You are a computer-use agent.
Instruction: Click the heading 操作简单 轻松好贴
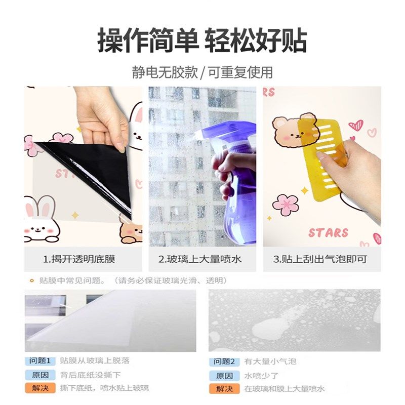point(202,41)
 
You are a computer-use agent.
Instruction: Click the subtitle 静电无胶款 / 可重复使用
point(202,72)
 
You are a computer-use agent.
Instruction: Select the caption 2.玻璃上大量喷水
point(200,260)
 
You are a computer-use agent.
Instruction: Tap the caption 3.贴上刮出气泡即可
point(320,260)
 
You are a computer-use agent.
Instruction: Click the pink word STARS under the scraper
point(329,233)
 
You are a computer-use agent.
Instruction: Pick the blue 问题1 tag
point(39,361)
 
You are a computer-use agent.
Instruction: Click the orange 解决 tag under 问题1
point(39,388)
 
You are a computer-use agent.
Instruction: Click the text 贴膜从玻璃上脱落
point(95,361)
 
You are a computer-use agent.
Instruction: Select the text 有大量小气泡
point(270,361)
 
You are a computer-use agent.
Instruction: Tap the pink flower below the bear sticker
point(286,205)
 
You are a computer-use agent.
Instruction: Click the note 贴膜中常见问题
point(70,280)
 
